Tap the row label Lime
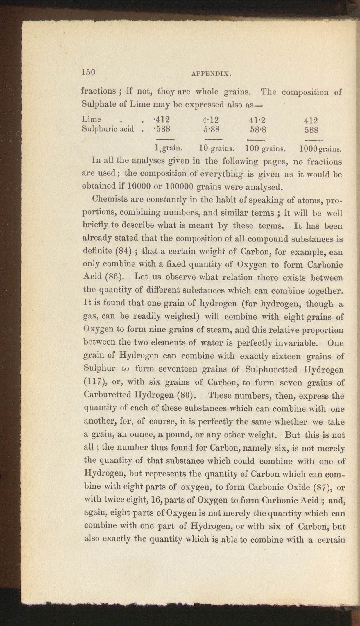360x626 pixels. [x=92, y=119]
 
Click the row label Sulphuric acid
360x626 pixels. [x=108, y=129]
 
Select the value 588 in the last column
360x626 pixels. [x=311, y=130]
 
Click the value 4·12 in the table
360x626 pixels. [x=211, y=120]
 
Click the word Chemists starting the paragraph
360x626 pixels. [x=109, y=200]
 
